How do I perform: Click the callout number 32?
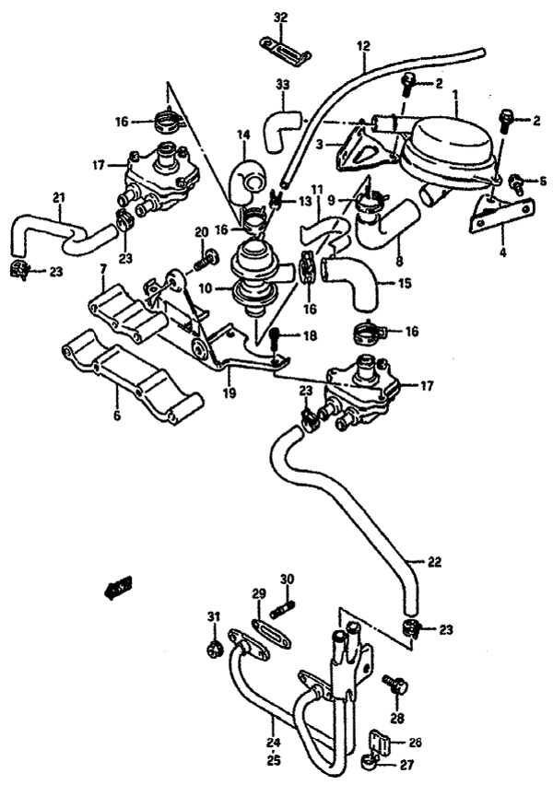click(281, 18)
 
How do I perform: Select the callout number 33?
click(282, 85)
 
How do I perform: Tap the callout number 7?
click(103, 269)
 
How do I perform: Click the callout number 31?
click(213, 616)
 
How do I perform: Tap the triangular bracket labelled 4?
click(498, 210)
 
